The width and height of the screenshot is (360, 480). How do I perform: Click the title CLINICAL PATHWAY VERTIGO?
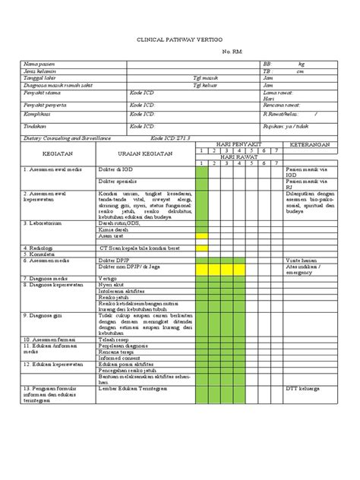(180, 46)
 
